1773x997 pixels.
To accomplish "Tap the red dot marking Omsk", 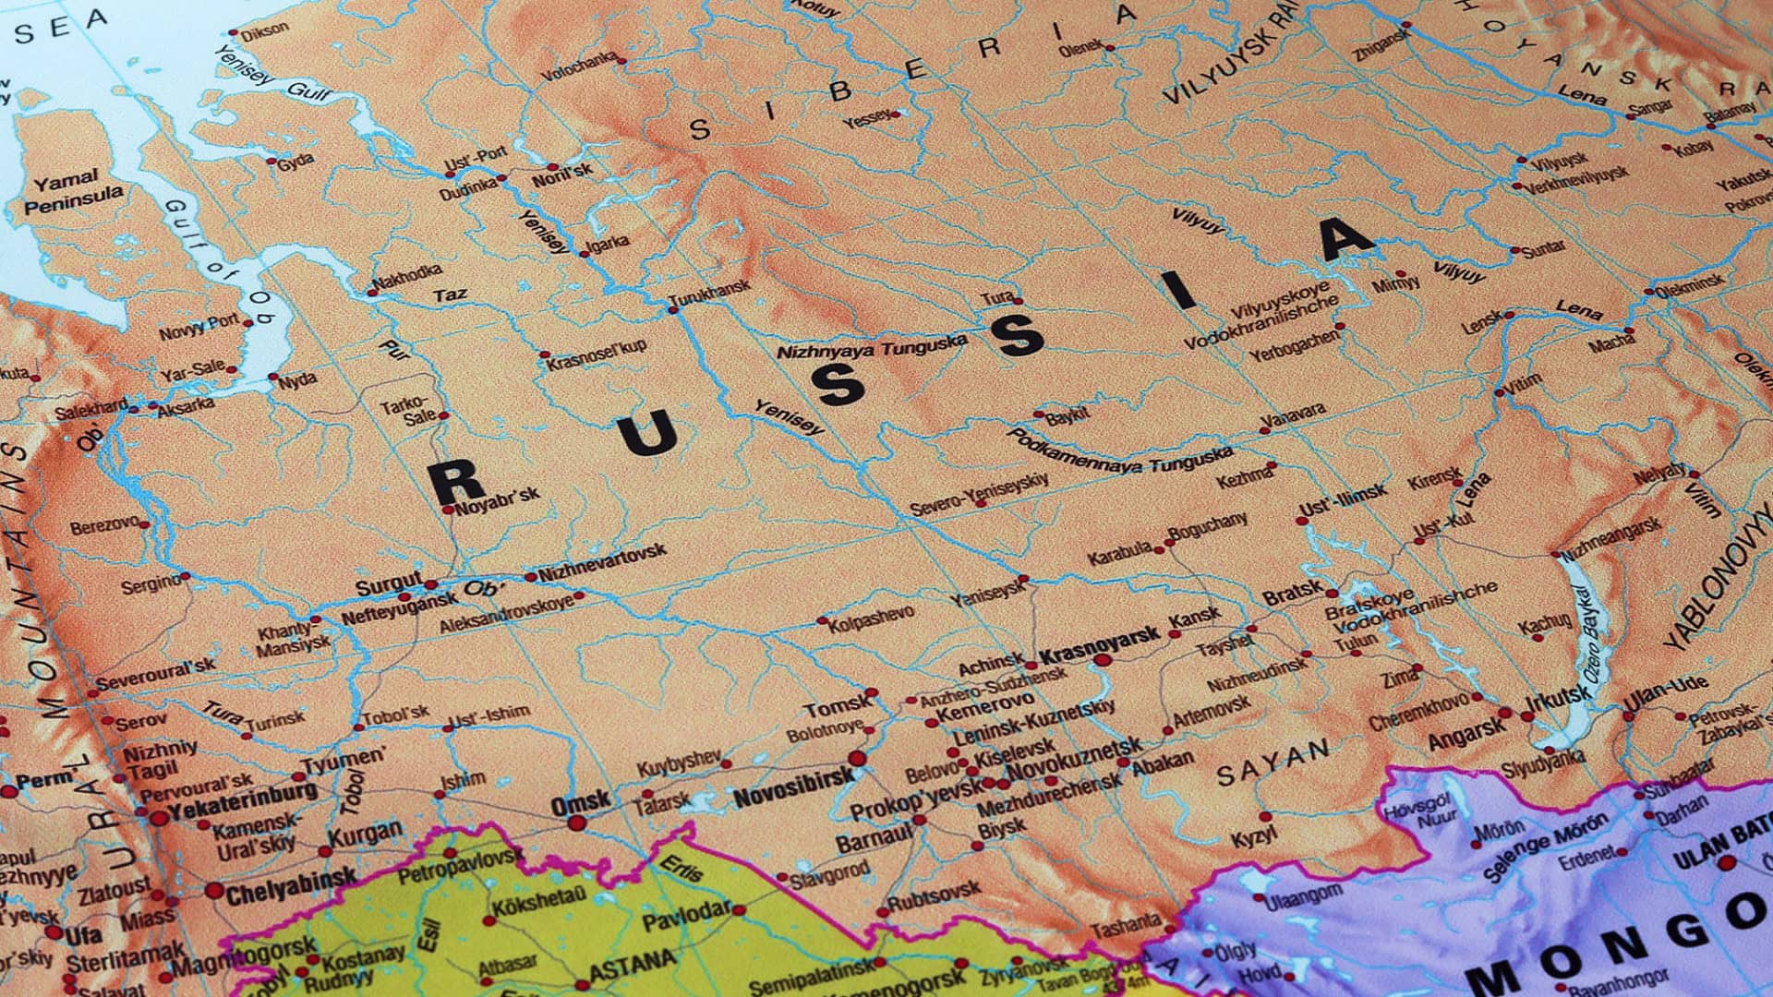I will [x=577, y=822].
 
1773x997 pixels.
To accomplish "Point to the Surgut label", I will [x=388, y=585].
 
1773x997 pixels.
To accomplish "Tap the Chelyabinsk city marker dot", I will [x=214, y=892].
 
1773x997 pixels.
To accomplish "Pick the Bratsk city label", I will [x=1293, y=595].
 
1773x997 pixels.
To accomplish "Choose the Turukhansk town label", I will [x=709, y=293].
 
